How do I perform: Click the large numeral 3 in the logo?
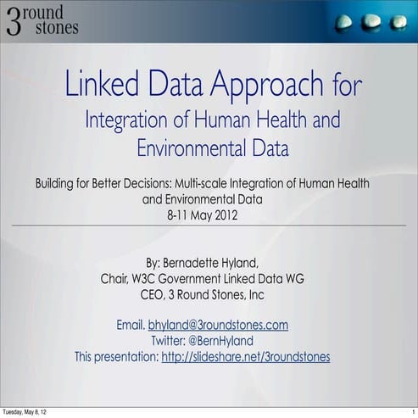(x=15, y=20)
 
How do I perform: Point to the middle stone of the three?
(x=371, y=23)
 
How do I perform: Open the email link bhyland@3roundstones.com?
(x=219, y=325)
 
